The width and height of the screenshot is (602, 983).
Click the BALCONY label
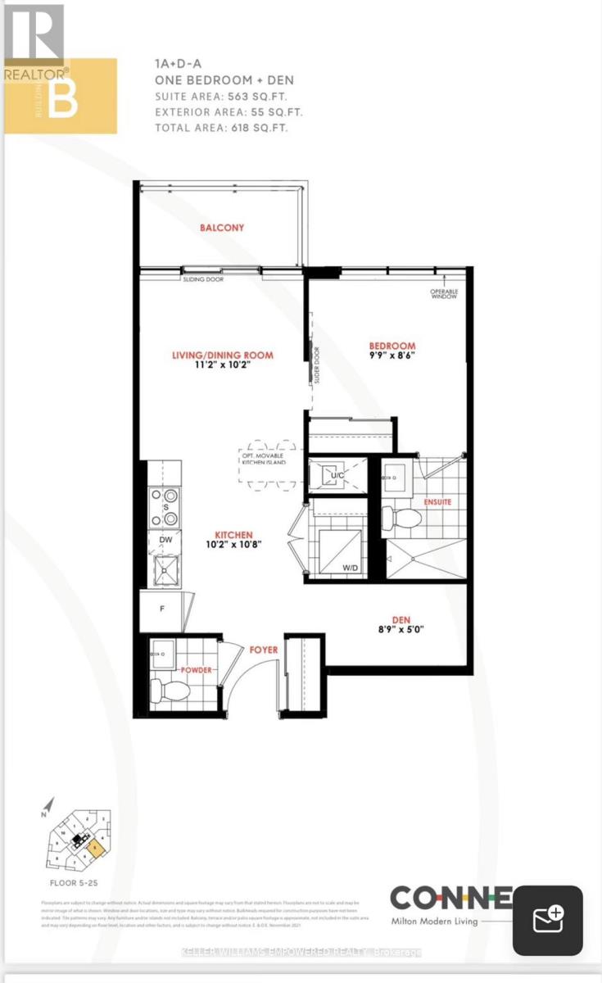[222, 228]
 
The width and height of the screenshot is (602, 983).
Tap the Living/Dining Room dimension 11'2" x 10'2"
[222, 367]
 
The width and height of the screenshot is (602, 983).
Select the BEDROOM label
[392, 347]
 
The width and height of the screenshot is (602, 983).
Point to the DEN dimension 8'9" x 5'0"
[401, 630]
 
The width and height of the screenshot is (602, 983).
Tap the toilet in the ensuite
[401, 518]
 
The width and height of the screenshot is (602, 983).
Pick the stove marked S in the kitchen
[164, 506]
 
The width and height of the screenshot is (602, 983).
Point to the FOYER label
[264, 650]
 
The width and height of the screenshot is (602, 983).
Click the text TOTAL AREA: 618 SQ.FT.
[222, 128]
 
